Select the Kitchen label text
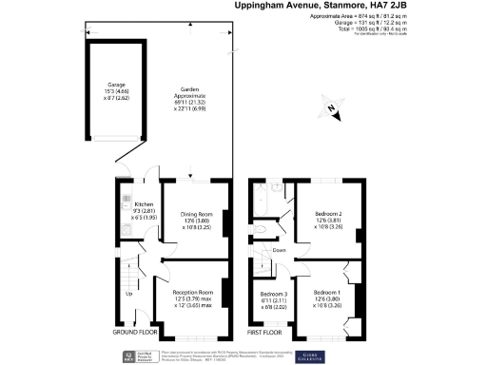[144, 204]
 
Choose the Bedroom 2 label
[328, 215]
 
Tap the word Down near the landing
[279, 250]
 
